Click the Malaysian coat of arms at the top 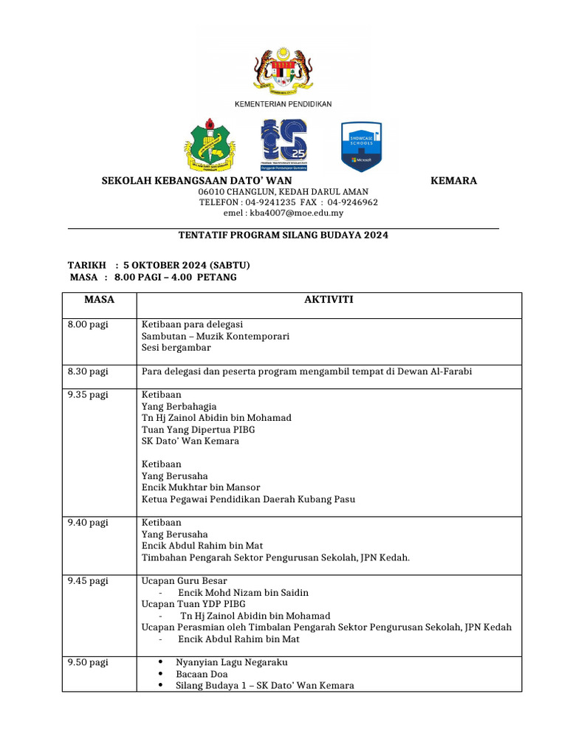pyautogui.click(x=283, y=74)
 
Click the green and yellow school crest pyautogui.click(x=210, y=145)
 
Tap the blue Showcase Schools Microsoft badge pyautogui.click(x=360, y=146)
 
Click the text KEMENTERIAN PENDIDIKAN pyautogui.click(x=283, y=105)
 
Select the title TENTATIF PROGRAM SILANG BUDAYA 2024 pyautogui.click(x=283, y=236)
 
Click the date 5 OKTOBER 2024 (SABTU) pyautogui.click(x=187, y=265)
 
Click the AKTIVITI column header pyautogui.click(x=329, y=300)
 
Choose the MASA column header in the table pyautogui.click(x=100, y=300)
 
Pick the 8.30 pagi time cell pyautogui.click(x=88, y=371)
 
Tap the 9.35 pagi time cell pyautogui.click(x=88, y=395)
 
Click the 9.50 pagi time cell pyautogui.click(x=88, y=662)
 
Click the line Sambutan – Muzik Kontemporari pyautogui.click(x=215, y=336)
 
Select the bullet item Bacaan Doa pyautogui.click(x=202, y=674)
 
